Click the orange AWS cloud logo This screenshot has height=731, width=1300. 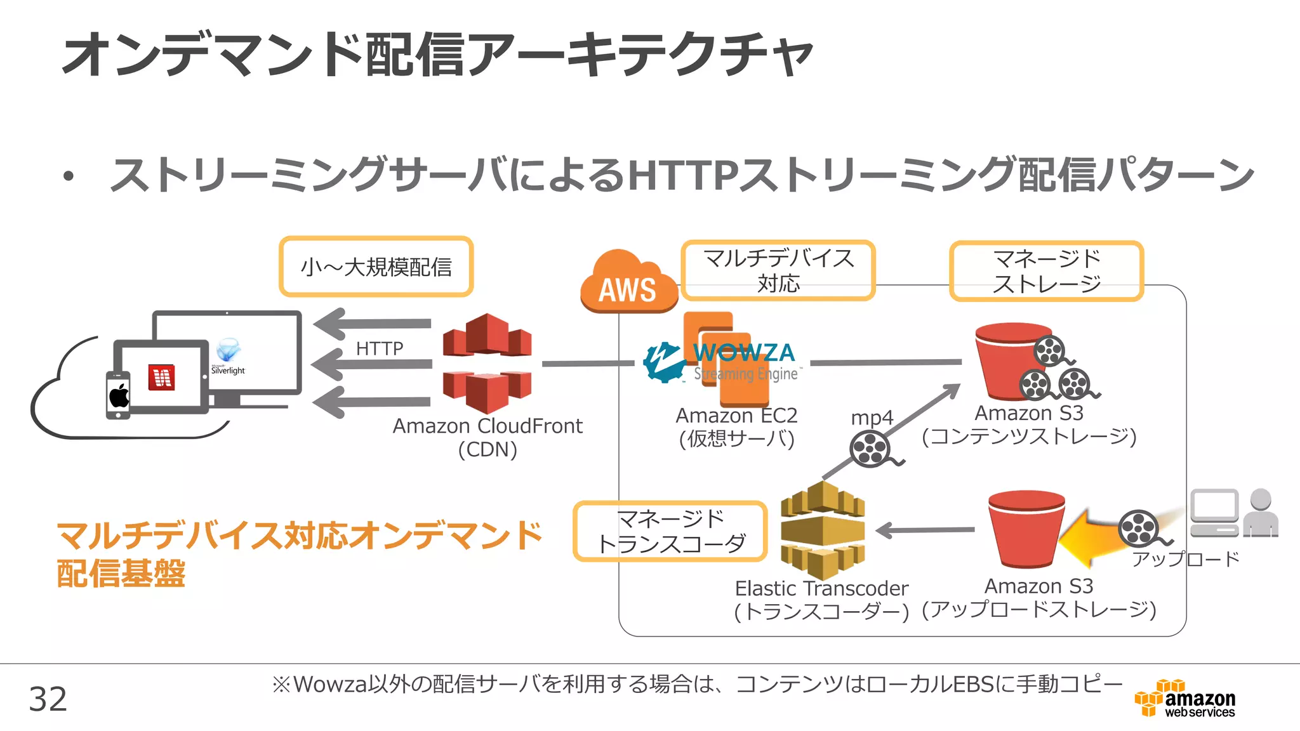[x=627, y=282]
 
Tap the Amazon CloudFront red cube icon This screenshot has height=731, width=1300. [x=487, y=363]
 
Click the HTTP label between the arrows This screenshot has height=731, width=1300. [x=379, y=348]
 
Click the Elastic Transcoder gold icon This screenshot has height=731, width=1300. [x=822, y=530]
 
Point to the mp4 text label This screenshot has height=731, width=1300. [x=872, y=418]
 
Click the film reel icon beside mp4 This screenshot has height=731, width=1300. [x=871, y=449]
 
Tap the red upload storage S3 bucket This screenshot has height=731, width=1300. [x=1026, y=529]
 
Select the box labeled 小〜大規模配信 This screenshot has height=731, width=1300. [x=376, y=267]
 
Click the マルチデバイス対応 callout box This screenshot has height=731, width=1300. [x=778, y=270]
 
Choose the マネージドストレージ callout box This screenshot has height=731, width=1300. [x=1046, y=271]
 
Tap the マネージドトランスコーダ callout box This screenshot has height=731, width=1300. [x=670, y=531]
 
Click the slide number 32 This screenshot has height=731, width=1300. [x=48, y=699]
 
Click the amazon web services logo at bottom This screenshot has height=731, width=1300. [x=1185, y=699]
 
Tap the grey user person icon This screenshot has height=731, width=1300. [x=1261, y=513]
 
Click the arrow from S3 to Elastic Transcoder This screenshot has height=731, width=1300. [x=926, y=530]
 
